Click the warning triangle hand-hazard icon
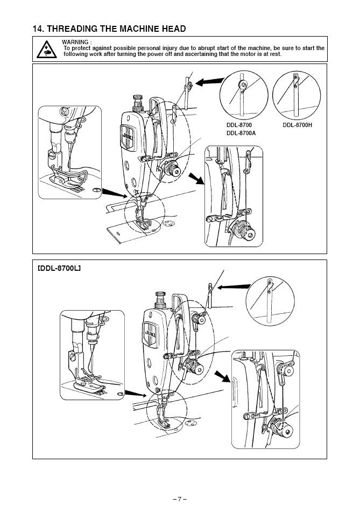47,50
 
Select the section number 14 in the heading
38,29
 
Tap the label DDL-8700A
241,133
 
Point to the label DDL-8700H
298,125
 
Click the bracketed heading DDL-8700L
59,269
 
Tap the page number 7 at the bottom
180,499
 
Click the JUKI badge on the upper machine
128,137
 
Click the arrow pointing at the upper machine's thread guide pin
210,82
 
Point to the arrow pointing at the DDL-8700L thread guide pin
234,287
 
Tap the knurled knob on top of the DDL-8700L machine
160,300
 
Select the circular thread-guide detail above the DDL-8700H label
297,95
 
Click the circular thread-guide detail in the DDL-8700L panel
270,301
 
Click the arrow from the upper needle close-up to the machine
115,193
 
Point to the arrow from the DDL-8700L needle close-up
136,394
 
